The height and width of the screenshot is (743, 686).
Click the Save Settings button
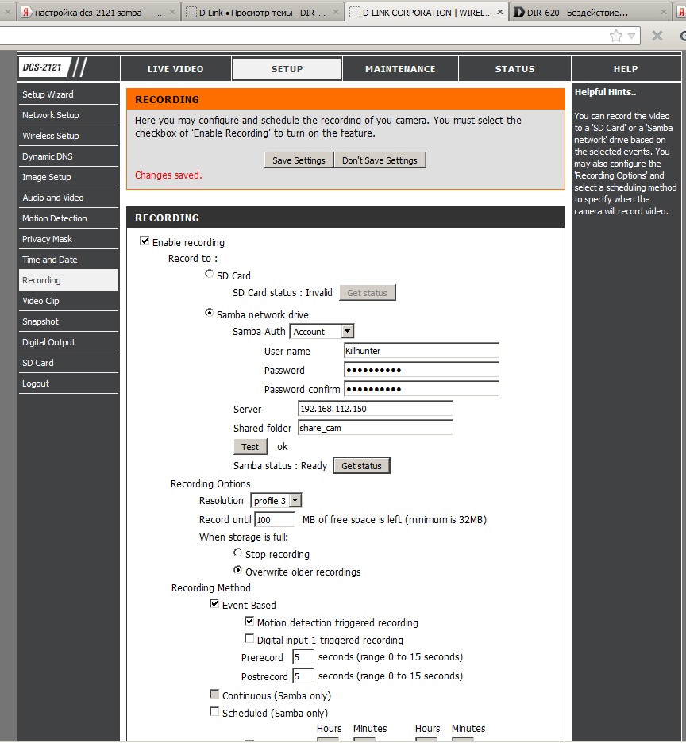click(x=299, y=160)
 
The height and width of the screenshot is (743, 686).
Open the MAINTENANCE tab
click(x=400, y=69)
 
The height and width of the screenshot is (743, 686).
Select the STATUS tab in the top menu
click(x=514, y=69)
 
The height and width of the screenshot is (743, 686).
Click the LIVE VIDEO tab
click(x=175, y=69)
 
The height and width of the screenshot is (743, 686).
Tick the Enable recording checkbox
click(x=145, y=241)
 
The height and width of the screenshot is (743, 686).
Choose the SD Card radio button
click(x=210, y=275)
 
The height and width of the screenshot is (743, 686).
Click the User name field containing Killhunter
click(x=421, y=351)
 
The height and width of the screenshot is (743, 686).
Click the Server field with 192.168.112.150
click(x=375, y=409)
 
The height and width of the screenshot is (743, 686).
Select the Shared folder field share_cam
click(x=375, y=428)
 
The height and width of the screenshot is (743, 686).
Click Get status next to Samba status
click(x=361, y=466)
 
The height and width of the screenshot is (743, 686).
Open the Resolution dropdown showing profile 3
click(x=276, y=501)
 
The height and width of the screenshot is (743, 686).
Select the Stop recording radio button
click(x=238, y=553)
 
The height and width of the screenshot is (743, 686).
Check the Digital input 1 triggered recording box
click(x=249, y=639)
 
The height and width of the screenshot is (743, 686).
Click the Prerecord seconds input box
click(x=303, y=657)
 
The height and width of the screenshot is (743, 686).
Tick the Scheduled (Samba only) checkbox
click(x=214, y=712)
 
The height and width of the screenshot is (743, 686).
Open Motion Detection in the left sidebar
click(x=55, y=218)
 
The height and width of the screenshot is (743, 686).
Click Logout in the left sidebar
click(x=36, y=383)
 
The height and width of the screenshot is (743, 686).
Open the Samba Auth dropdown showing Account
click(x=322, y=332)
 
